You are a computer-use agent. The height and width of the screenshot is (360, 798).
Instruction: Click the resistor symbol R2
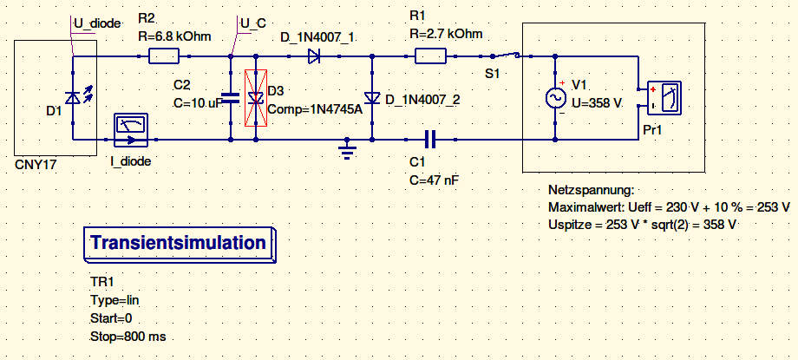click(x=164, y=57)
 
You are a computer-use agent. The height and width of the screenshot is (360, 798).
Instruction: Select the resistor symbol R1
click(x=431, y=57)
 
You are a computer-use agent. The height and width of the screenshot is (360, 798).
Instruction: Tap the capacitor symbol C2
click(x=229, y=98)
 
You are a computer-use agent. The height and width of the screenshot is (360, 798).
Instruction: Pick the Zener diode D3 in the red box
click(x=256, y=98)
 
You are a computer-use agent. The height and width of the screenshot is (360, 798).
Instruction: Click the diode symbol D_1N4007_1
click(x=314, y=57)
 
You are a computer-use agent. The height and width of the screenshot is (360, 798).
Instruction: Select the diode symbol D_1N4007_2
click(x=372, y=98)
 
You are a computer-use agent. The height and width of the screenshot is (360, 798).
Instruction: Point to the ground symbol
click(x=348, y=152)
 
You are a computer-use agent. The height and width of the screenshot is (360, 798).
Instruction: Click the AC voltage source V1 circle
click(x=555, y=98)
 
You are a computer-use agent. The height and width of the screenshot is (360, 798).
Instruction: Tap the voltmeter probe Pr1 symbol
click(x=664, y=98)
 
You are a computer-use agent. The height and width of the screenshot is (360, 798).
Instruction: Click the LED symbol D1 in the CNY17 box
click(x=74, y=98)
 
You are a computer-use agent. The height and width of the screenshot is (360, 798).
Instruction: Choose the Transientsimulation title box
click(x=178, y=244)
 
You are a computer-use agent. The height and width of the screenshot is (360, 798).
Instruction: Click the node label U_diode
click(x=95, y=23)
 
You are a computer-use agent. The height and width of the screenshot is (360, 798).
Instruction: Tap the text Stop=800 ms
click(x=128, y=336)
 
